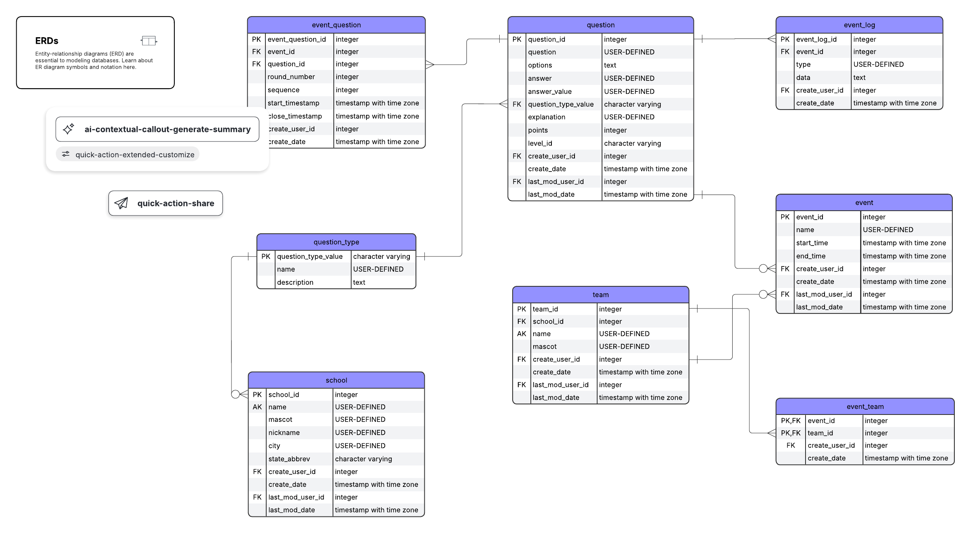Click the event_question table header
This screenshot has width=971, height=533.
point(336,25)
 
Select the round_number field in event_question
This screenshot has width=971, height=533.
point(291,77)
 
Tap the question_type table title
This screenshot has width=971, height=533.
point(336,242)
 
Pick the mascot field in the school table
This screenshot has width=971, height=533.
point(280,419)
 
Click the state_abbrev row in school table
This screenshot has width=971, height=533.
point(289,459)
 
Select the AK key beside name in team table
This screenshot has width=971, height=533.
point(521,334)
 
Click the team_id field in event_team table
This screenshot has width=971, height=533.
point(820,433)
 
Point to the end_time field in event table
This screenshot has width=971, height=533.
point(810,256)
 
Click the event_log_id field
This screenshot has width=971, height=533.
point(816,39)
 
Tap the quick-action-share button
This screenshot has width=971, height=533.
point(165,203)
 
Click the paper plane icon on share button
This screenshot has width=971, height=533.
point(121,203)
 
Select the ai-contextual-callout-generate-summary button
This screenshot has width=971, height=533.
point(157,129)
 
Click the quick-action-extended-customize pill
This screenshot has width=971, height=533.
point(128,154)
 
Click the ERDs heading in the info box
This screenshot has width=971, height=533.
point(47,41)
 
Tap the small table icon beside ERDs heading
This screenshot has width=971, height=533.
point(148,41)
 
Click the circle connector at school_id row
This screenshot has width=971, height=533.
point(235,394)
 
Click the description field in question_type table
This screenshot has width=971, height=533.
point(295,282)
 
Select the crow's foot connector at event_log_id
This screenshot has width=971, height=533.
point(771,39)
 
